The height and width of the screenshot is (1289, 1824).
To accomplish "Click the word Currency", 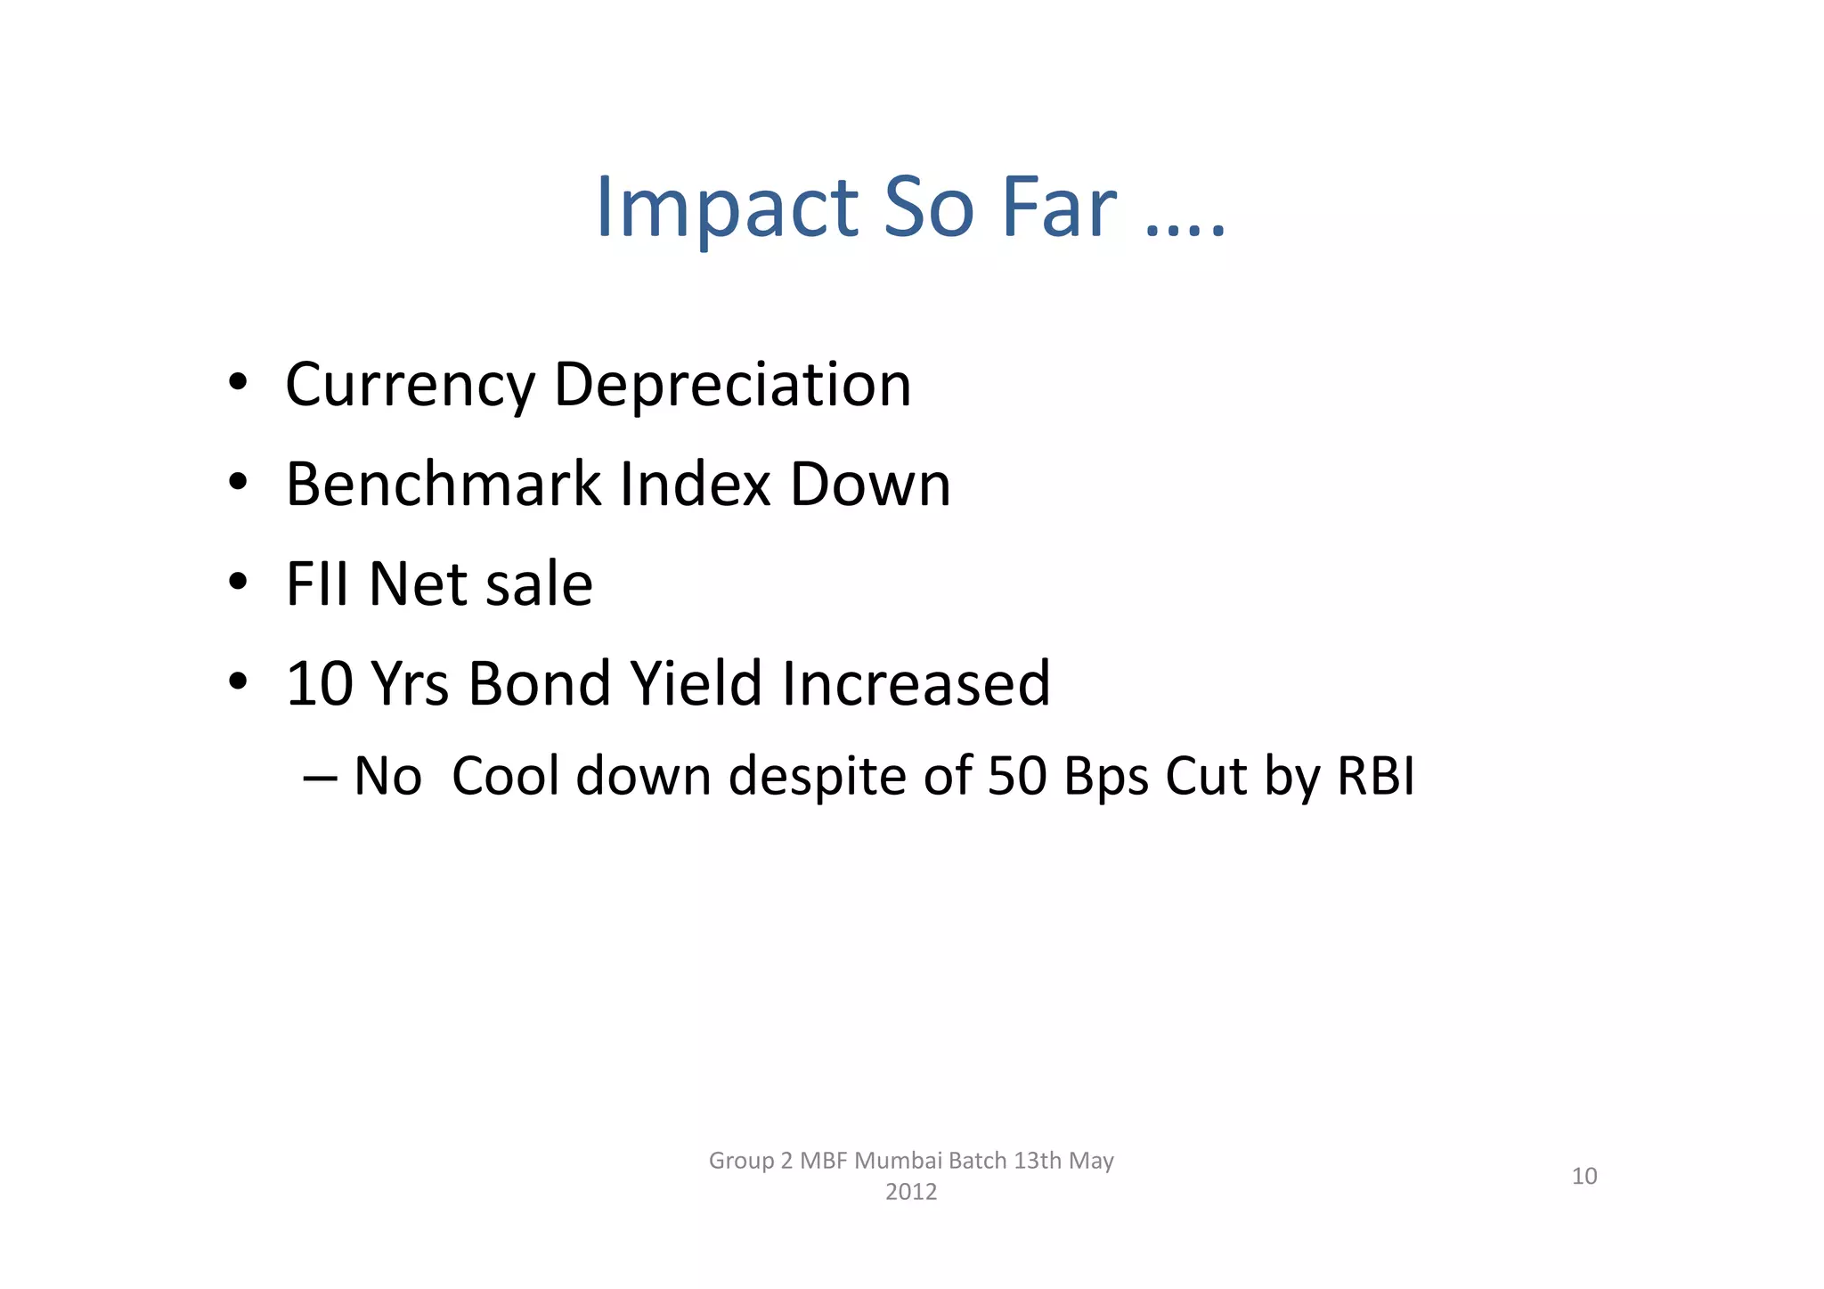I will click(410, 385).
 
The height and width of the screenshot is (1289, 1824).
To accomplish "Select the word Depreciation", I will click(732, 385).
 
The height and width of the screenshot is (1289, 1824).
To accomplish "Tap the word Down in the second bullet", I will click(870, 485).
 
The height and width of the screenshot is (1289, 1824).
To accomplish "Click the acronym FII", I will click(317, 584).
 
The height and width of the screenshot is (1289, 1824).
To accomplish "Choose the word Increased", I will click(916, 684).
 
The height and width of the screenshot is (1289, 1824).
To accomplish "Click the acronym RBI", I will click(1375, 776).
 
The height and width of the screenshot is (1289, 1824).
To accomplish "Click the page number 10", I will click(1584, 1176).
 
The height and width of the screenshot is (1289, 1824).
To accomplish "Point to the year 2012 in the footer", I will click(911, 1192).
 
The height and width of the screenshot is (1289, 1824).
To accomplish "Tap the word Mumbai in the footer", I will click(898, 1161).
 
